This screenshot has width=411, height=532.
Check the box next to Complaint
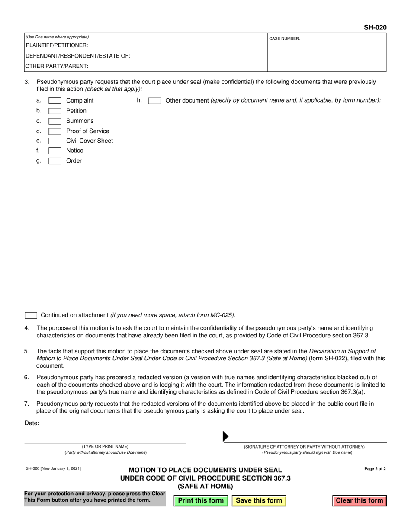coord(55,101)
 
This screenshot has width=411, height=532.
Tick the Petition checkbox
coord(55,111)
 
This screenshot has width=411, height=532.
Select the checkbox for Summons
coord(55,121)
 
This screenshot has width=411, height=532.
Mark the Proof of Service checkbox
coord(55,131)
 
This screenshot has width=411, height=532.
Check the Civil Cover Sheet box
coord(55,141)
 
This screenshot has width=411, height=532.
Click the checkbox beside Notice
coord(55,151)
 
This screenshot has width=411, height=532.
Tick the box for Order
coord(55,161)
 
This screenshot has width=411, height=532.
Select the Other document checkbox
coord(154,101)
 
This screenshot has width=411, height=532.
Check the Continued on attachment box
coord(31,315)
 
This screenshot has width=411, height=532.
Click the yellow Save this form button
coord(259,500)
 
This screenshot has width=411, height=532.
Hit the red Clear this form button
coord(359,500)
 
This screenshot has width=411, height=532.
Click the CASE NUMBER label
coord(285,39)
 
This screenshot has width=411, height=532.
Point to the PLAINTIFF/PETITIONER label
coord(57,45)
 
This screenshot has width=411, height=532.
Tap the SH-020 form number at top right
coord(375,28)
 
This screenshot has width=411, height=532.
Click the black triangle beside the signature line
coord(225,436)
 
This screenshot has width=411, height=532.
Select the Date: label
coord(32,423)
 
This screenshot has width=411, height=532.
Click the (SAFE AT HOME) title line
coord(205,486)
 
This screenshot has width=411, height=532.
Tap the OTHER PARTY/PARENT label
coord(57,66)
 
